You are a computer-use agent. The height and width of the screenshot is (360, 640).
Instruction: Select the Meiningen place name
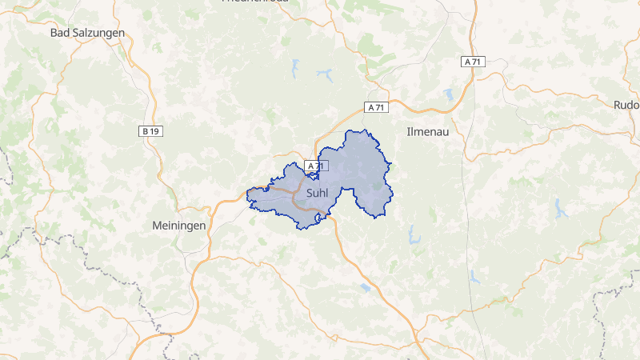pos(179,226)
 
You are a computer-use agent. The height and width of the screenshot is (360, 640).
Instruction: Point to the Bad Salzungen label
pos(87,33)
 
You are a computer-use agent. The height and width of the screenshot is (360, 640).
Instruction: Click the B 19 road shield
pos(150,130)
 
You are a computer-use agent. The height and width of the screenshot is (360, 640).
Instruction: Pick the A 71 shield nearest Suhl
pos(317,166)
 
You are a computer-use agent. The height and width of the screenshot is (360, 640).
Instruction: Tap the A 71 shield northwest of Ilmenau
pos(375,107)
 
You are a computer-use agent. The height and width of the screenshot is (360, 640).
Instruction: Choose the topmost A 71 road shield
pos(473,62)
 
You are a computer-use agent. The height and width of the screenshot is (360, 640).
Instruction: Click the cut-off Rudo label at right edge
pos(626,105)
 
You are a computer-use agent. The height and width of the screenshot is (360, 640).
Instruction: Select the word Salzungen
pos(98,33)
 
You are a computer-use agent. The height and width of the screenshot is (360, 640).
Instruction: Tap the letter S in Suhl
pos(309,193)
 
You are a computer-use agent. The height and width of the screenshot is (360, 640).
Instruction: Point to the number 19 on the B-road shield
pos(154,130)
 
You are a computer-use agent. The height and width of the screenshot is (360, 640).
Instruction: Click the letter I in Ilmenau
pos(408,130)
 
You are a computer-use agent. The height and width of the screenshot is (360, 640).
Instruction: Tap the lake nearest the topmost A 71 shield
pos(449,94)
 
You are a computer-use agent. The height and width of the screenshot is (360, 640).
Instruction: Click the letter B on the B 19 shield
pos(145,130)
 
